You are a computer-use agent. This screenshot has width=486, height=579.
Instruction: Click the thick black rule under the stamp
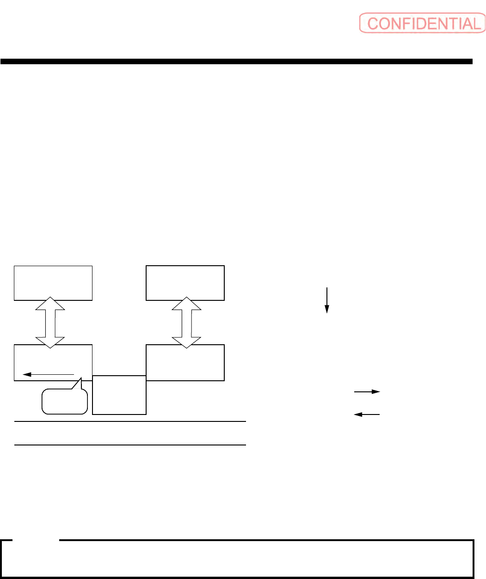click(x=236, y=61)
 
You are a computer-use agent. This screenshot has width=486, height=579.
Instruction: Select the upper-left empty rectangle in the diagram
click(x=53, y=283)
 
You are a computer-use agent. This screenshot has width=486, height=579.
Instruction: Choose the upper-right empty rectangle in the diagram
click(x=185, y=283)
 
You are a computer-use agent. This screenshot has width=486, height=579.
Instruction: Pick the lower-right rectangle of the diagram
click(x=185, y=362)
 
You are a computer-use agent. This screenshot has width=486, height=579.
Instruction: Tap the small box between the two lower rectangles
click(x=119, y=395)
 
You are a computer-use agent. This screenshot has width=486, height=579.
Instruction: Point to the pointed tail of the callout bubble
click(x=80, y=381)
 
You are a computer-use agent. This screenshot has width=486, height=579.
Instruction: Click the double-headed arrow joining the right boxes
click(x=187, y=323)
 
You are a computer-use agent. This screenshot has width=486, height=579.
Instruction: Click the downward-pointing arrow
click(x=327, y=300)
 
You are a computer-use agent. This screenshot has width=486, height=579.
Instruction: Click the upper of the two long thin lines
click(x=130, y=421)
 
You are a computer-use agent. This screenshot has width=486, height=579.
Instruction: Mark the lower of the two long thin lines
click(x=130, y=445)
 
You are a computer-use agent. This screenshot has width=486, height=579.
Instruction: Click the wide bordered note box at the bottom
click(x=237, y=559)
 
